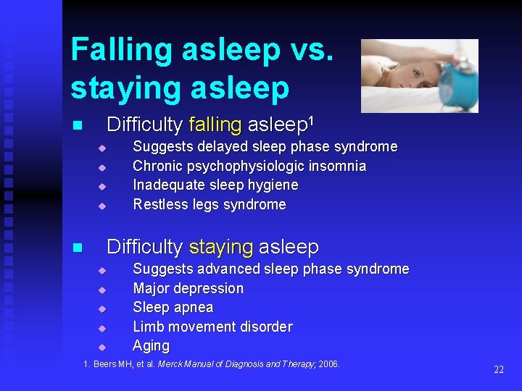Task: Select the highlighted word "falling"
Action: point(214,125)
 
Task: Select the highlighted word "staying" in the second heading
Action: point(220,247)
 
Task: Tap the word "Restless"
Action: point(158,204)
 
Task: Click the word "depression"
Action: point(209,288)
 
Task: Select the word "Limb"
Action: point(148,327)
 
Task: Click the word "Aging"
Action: point(151,345)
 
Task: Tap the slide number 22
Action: point(498,369)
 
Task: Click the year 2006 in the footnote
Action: point(328,363)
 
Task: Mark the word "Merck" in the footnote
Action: point(171,363)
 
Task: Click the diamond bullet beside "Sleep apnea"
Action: point(102,308)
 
